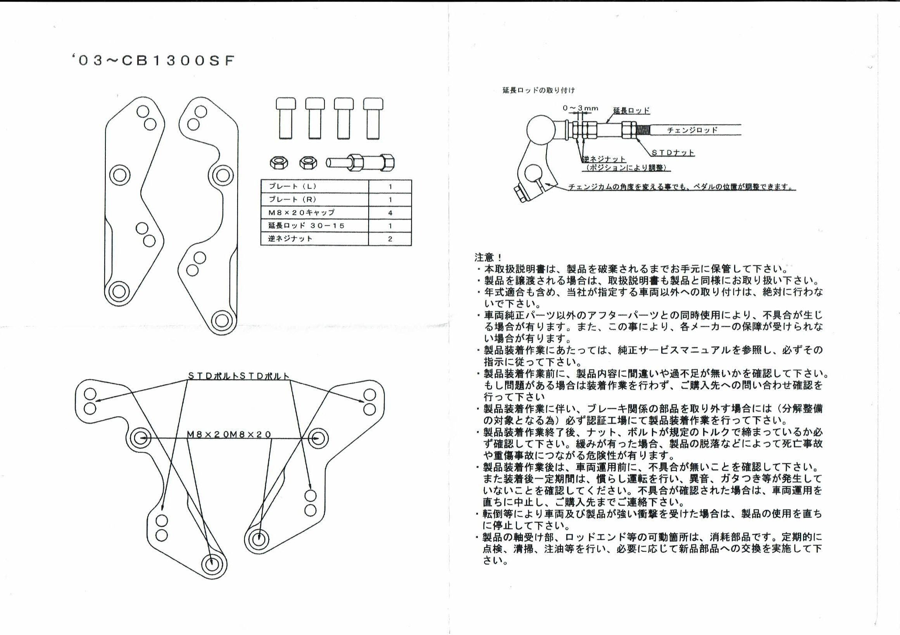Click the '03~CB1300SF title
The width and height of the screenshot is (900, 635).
pyautogui.click(x=153, y=61)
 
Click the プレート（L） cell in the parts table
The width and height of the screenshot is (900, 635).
pyautogui.click(x=315, y=186)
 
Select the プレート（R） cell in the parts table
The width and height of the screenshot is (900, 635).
pyautogui.click(x=315, y=199)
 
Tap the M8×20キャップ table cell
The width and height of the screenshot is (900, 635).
pyautogui.click(x=315, y=213)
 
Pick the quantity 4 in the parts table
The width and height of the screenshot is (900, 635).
pyautogui.click(x=390, y=213)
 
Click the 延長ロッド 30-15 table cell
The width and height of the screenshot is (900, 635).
pyautogui.click(x=315, y=225)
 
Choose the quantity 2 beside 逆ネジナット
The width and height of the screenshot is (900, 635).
pyautogui.click(x=390, y=239)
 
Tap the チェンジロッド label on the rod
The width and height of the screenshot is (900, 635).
pyautogui.click(x=692, y=130)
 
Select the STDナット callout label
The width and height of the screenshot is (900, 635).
pyautogui.click(x=672, y=152)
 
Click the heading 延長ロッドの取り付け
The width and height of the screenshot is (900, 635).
pyautogui.click(x=539, y=90)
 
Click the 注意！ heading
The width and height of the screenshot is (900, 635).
pyautogui.click(x=488, y=257)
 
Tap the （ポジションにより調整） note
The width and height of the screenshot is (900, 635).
pyautogui.click(x=626, y=168)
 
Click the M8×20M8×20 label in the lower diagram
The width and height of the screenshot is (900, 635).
pyautogui.click(x=229, y=434)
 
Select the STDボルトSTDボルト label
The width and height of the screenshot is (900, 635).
pyautogui.click(x=239, y=376)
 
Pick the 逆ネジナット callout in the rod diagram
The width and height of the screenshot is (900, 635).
pyautogui.click(x=603, y=159)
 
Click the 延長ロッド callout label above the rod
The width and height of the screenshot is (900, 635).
pyautogui.click(x=631, y=110)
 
